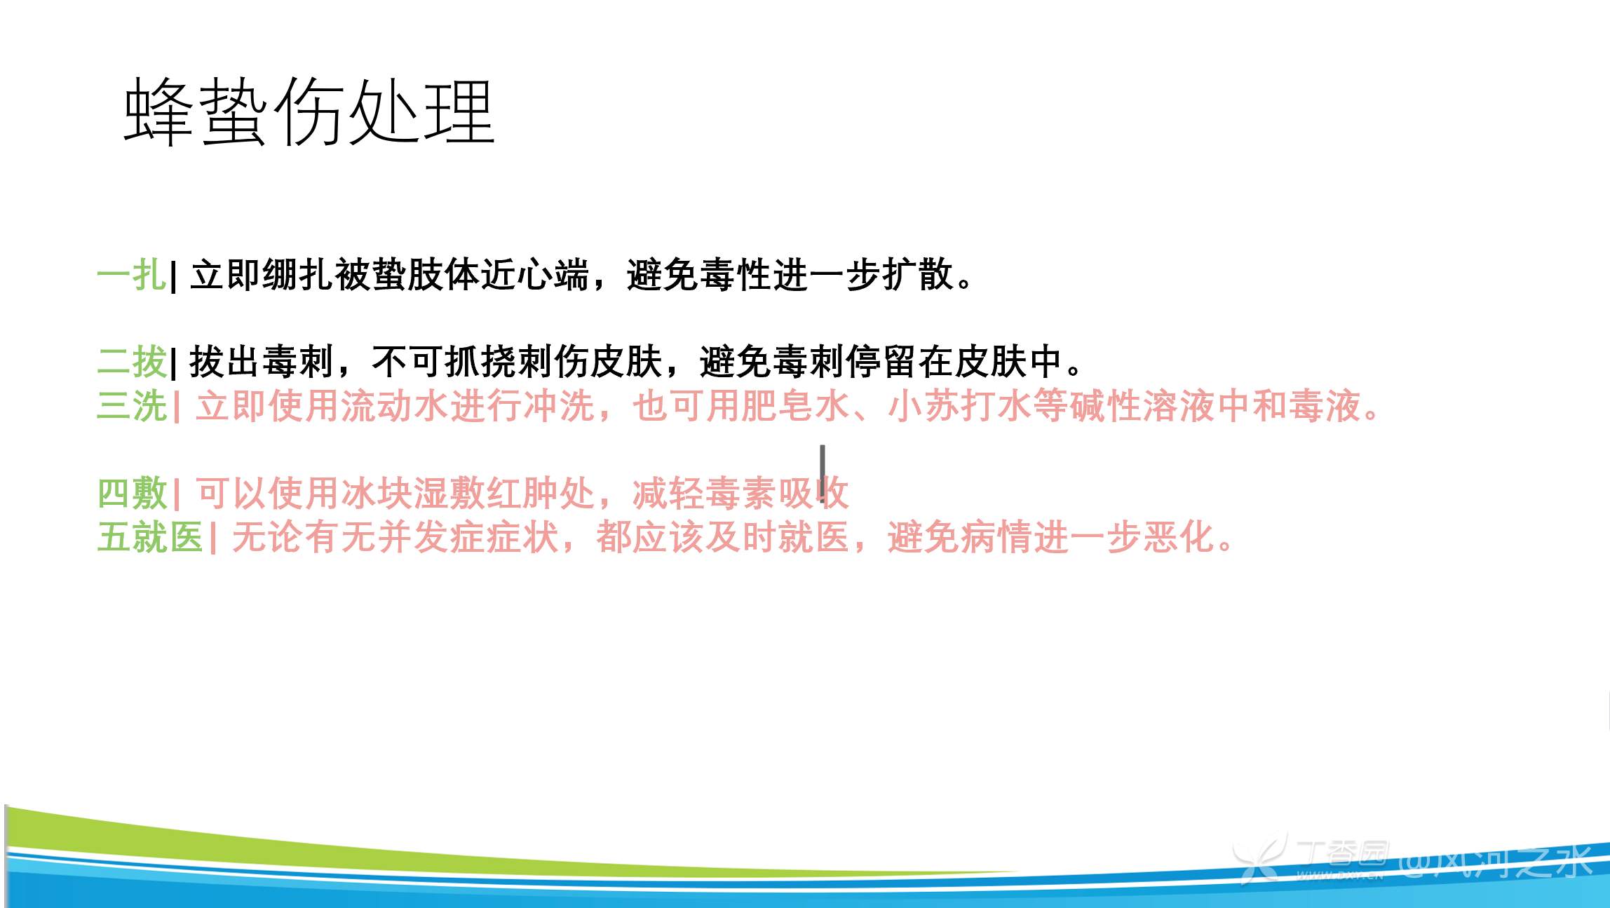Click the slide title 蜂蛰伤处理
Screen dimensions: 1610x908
pyautogui.click(x=309, y=111)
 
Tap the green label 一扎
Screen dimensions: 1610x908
pyautogui.click(x=132, y=274)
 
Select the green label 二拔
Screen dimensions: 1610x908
pyautogui.click(x=132, y=362)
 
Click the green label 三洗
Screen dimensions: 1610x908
pyautogui.click(x=132, y=406)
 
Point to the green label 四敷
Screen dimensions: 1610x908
pyautogui.click(x=132, y=494)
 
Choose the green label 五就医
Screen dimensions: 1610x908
pyautogui.click(x=150, y=538)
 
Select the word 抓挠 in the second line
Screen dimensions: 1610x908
pyautogui.click(x=480, y=362)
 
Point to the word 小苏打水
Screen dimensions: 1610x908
pyautogui.click(x=960, y=406)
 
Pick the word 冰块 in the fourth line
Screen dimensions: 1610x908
pyautogui.click(x=376, y=494)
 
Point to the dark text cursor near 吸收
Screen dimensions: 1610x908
pyautogui.click(x=822, y=473)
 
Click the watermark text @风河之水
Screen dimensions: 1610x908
pyautogui.click(x=1497, y=861)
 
